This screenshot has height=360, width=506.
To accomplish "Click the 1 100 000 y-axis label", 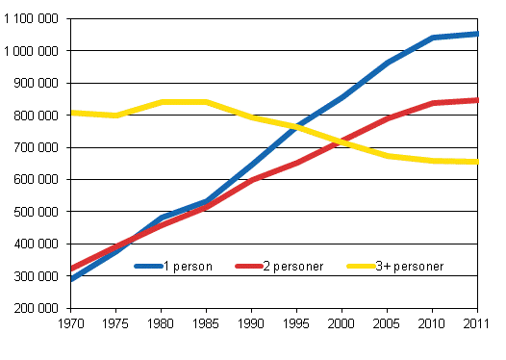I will [x=30, y=18].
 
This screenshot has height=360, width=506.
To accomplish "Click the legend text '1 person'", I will [x=187, y=266].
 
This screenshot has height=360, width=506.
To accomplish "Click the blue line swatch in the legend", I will [x=148, y=266].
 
